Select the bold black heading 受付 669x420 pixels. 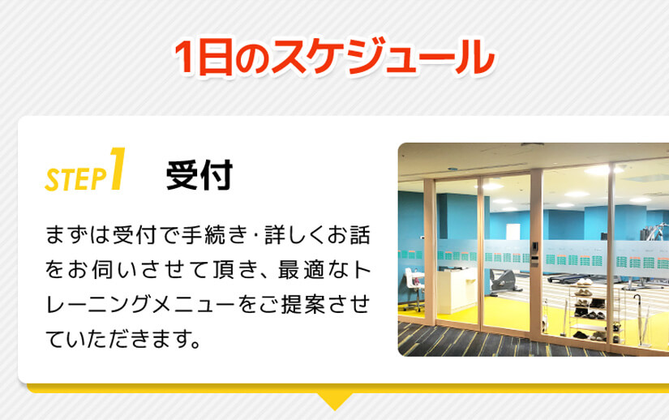[199, 175]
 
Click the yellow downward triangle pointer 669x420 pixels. [334, 401]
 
